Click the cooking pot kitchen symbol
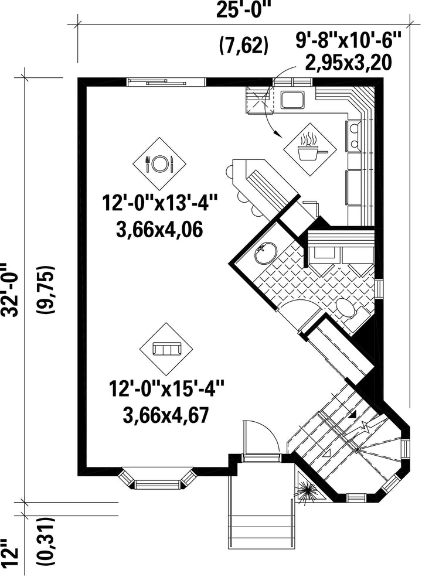pyautogui.click(x=310, y=148)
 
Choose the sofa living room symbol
pyautogui.click(x=167, y=349)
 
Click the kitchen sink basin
pyautogui.click(x=292, y=100)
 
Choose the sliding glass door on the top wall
pyautogui.click(x=166, y=82)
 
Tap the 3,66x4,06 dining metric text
pyautogui.click(x=159, y=230)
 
